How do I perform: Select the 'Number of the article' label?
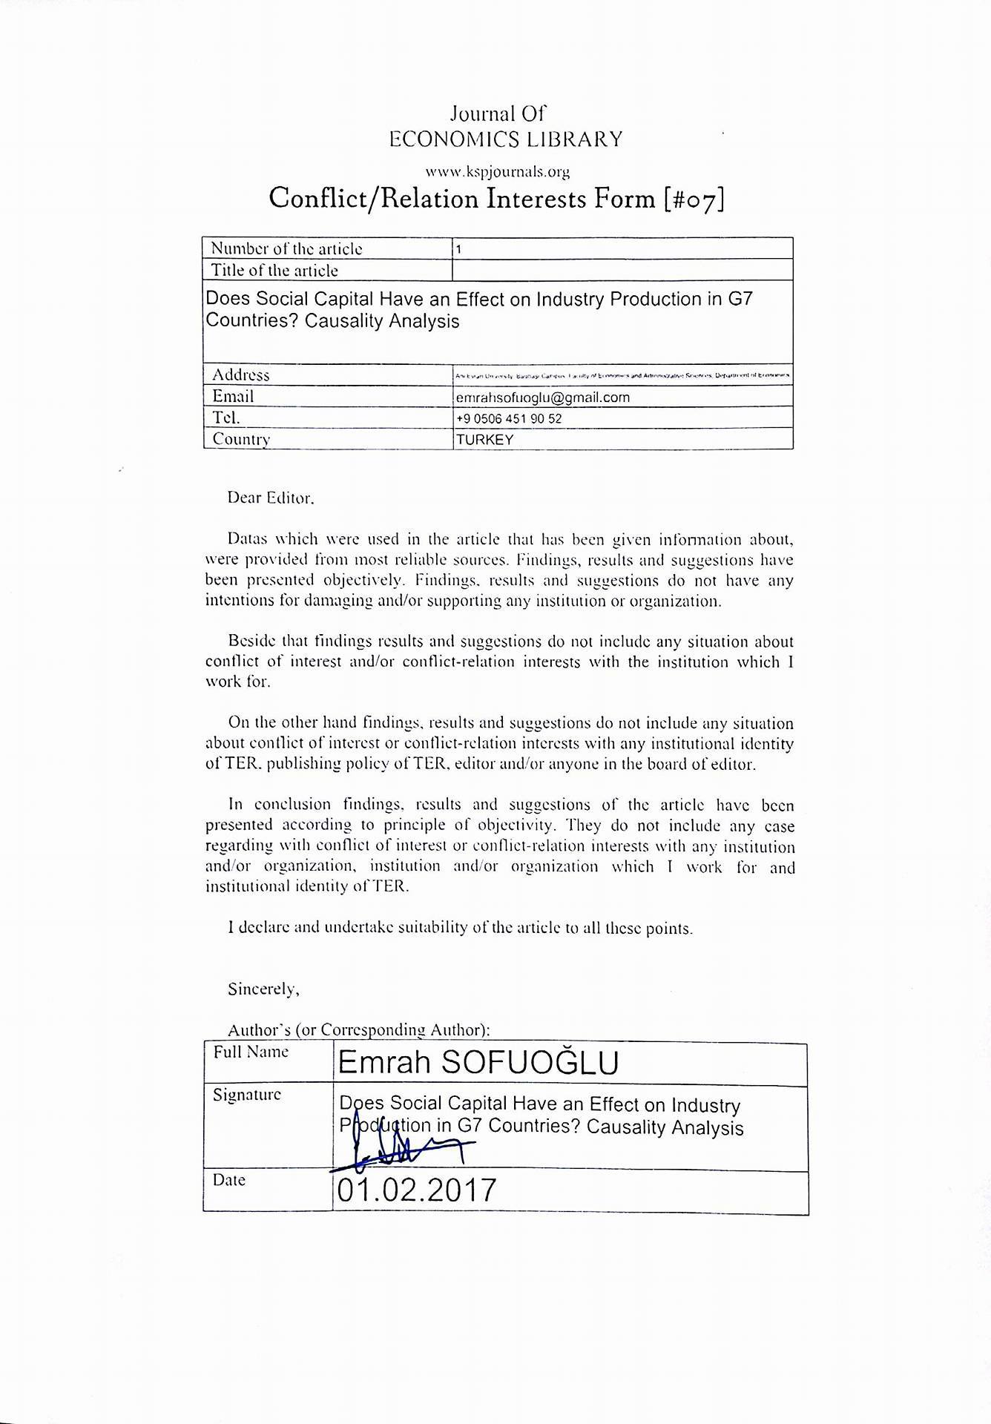click(x=286, y=248)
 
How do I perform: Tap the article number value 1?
click(x=459, y=249)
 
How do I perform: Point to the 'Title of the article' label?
click(x=274, y=270)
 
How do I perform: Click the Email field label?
click(x=233, y=396)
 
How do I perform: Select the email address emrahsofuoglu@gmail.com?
click(x=543, y=398)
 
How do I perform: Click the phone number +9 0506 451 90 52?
click(x=509, y=418)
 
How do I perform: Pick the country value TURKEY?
click(x=485, y=439)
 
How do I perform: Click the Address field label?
click(x=240, y=375)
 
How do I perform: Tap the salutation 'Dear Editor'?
click(x=271, y=498)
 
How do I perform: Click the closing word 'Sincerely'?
click(x=263, y=989)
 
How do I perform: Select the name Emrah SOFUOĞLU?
click(x=478, y=1064)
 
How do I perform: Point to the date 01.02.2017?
click(x=416, y=1190)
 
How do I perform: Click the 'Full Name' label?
click(x=251, y=1052)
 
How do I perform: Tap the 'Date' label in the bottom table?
click(x=228, y=1180)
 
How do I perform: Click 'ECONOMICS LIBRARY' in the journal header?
click(x=506, y=139)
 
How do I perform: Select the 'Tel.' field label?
click(x=225, y=417)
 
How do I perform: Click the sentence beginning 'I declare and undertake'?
click(x=460, y=928)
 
